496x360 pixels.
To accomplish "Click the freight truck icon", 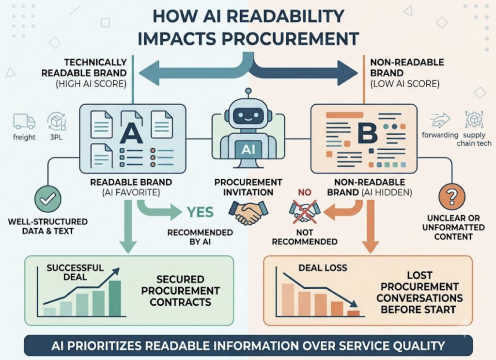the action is (x=24, y=122).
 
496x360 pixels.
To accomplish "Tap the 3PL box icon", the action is (x=56, y=122).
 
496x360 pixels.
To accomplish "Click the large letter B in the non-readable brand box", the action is (x=367, y=133).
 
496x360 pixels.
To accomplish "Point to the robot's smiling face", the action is (x=248, y=116).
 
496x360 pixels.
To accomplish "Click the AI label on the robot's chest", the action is (x=248, y=149).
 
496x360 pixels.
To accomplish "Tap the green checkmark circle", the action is (x=48, y=199).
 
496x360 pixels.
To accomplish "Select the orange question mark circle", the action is (x=452, y=196).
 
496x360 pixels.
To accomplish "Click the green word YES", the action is (x=200, y=212).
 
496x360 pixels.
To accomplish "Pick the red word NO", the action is (x=305, y=192).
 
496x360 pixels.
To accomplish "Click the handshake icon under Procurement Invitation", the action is (x=248, y=212).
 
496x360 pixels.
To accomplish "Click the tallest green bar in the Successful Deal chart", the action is (x=115, y=298).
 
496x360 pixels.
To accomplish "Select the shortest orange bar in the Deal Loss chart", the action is (x=353, y=313).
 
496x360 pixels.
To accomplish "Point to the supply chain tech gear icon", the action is (x=474, y=119).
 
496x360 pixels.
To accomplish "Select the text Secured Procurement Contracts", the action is (x=180, y=291).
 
